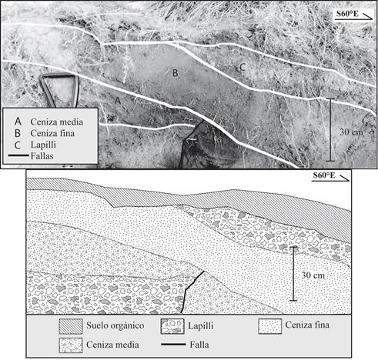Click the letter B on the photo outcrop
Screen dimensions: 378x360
(x=175, y=73)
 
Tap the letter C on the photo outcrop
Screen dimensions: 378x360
(x=243, y=67)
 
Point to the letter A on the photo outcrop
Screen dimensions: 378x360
(x=118, y=100)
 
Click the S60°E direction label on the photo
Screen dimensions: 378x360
(x=347, y=14)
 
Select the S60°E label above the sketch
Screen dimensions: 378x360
(x=324, y=175)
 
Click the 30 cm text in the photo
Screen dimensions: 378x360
(x=351, y=132)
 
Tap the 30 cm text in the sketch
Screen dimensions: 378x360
(x=313, y=275)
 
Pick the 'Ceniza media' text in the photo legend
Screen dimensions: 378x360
(x=57, y=122)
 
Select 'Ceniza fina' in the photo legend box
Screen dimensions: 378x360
(x=52, y=133)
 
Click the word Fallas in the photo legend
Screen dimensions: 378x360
(x=42, y=156)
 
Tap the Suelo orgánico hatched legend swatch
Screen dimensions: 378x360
(x=71, y=326)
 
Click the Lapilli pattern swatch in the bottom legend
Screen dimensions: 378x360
(x=172, y=326)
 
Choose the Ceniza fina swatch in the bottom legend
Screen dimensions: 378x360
(x=270, y=326)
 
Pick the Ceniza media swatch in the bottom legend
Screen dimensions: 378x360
(x=71, y=345)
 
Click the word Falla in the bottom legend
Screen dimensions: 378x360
(x=199, y=345)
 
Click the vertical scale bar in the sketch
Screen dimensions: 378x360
(x=293, y=274)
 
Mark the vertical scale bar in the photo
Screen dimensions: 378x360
(x=330, y=130)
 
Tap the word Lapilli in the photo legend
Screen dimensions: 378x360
(x=43, y=145)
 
